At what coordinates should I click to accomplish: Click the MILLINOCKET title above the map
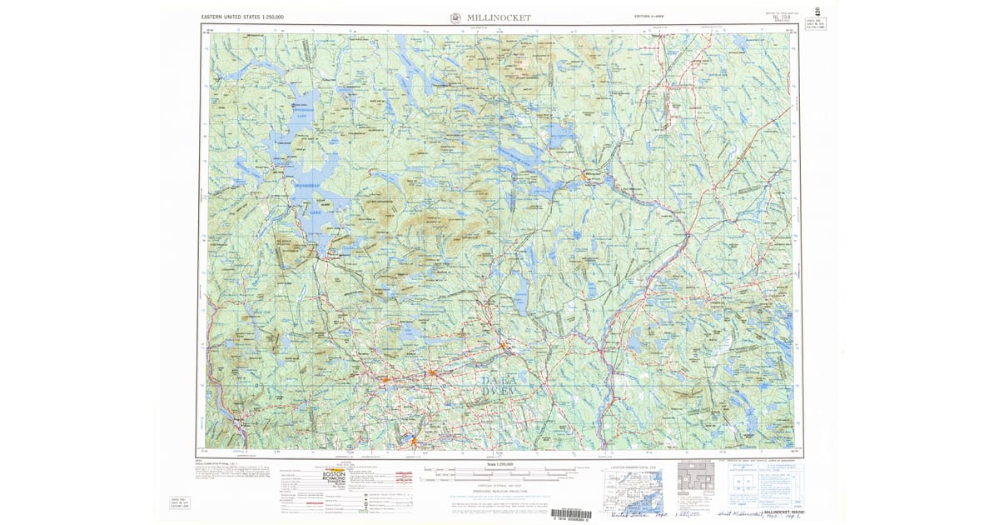[x=499, y=17]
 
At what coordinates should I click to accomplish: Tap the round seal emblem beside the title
[x=455, y=17]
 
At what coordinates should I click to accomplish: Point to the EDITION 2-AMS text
[x=648, y=17]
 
